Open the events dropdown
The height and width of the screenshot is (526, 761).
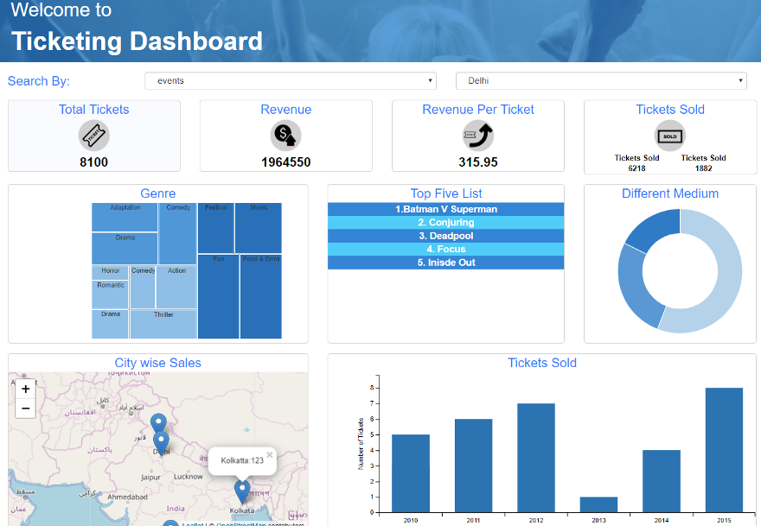tap(290, 81)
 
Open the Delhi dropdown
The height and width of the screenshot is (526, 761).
tap(600, 81)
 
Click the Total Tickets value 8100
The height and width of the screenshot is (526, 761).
tap(93, 162)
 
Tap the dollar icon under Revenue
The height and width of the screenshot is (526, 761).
tap(285, 135)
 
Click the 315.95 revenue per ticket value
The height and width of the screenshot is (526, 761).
tap(477, 162)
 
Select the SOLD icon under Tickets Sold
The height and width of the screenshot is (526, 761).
tap(669, 136)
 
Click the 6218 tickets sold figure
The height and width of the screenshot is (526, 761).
tap(636, 168)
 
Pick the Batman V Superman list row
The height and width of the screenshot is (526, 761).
tap(445, 209)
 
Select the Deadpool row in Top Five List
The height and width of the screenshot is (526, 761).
tap(445, 236)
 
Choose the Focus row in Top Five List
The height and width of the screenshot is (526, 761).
tap(445, 249)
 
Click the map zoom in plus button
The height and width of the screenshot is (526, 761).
tap(26, 389)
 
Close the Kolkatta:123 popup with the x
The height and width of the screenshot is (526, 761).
tap(269, 454)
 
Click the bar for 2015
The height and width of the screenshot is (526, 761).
tap(724, 449)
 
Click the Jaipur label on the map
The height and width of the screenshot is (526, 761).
tap(151, 477)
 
